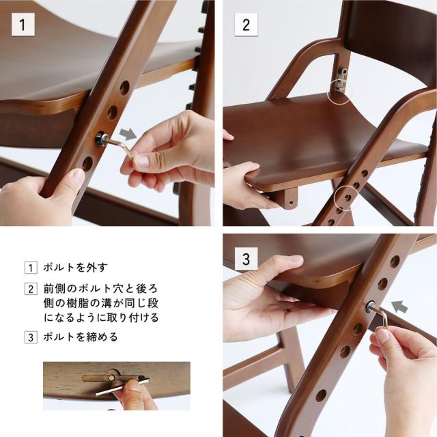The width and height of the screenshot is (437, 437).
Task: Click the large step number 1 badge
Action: coord(23,25)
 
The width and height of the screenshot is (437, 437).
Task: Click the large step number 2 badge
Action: coord(246,25)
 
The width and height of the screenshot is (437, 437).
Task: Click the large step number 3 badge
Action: coord(246,259)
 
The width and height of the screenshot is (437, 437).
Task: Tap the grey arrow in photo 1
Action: coord(128,134)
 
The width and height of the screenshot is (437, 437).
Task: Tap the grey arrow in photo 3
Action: coord(399,307)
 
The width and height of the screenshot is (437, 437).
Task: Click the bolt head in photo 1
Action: coord(100,139)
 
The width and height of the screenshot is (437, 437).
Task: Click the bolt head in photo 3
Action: coord(371,306)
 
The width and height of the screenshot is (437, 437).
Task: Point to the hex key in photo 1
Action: coord(120,147)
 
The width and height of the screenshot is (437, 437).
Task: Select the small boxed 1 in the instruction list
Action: coord(31,268)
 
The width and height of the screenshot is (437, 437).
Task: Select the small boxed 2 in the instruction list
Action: coord(31,289)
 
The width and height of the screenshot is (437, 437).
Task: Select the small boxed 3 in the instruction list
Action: coord(31,337)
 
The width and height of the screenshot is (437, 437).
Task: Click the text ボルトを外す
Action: coord(76,268)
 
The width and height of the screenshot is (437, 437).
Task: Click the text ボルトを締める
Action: coord(81,337)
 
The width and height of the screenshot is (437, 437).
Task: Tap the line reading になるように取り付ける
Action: coord(101,318)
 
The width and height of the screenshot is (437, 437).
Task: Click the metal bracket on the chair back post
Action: coord(341,79)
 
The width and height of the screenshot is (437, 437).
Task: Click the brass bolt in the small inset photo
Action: coord(111,378)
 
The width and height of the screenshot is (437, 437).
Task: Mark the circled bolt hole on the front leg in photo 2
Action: coord(347,197)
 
